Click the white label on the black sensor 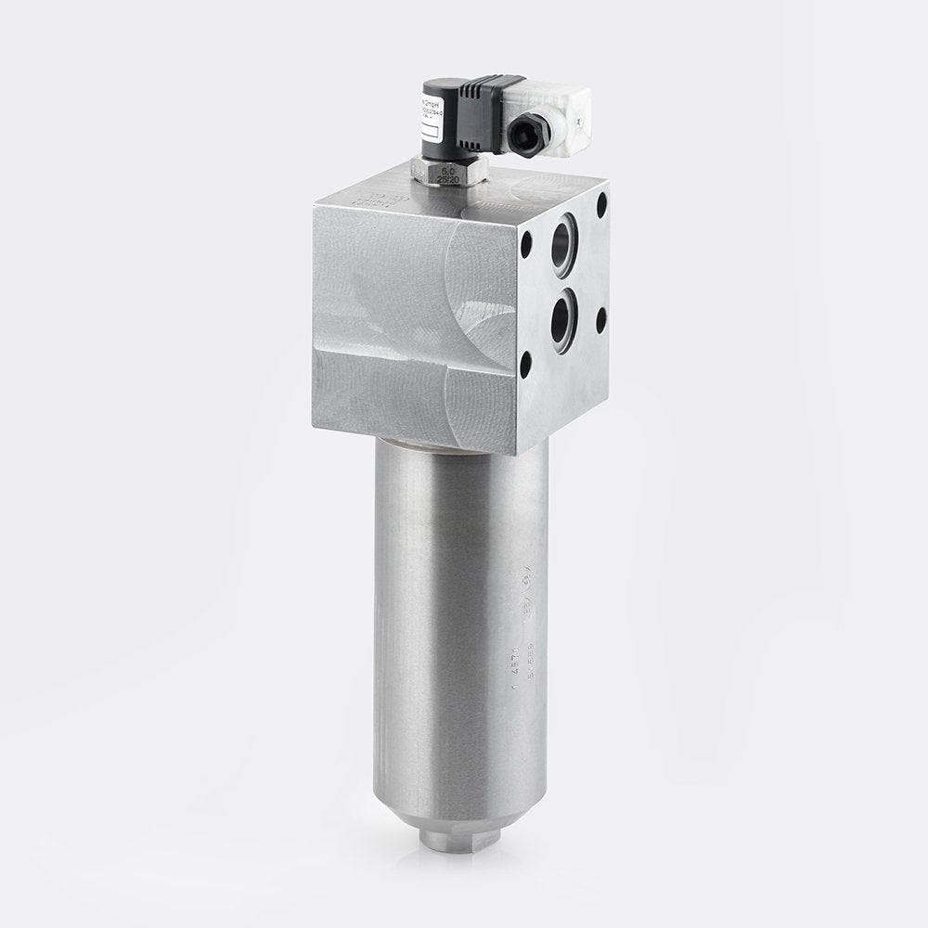[433, 121]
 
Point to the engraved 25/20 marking [446, 182]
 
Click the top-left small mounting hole [528, 249]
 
